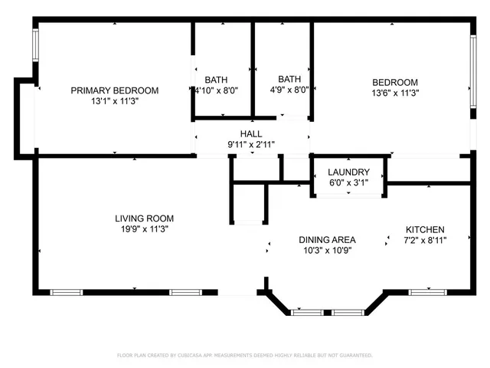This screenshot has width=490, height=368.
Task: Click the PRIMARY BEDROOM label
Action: coord(115,90)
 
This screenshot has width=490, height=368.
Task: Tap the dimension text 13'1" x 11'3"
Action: coord(115,100)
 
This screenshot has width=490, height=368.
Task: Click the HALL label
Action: coord(251,134)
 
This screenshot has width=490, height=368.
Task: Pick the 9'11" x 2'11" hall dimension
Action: coord(251,144)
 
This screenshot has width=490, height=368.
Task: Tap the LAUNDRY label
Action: coord(348,172)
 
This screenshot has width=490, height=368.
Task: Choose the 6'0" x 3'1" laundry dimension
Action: coord(348,182)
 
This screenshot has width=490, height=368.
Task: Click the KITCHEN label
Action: coord(425,230)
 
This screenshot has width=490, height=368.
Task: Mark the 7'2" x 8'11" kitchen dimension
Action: coord(425,240)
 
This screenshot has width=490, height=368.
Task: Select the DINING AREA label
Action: coord(327,240)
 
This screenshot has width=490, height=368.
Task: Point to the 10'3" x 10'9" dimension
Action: coord(327,250)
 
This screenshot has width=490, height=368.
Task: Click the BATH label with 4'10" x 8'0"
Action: coord(216,80)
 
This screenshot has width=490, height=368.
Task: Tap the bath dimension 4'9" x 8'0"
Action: coord(289,89)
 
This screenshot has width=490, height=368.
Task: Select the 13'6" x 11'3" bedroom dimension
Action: coord(395,93)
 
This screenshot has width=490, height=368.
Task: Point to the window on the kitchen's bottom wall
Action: coord(427,292)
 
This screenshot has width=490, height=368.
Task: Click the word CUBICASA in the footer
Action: coord(201,356)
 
